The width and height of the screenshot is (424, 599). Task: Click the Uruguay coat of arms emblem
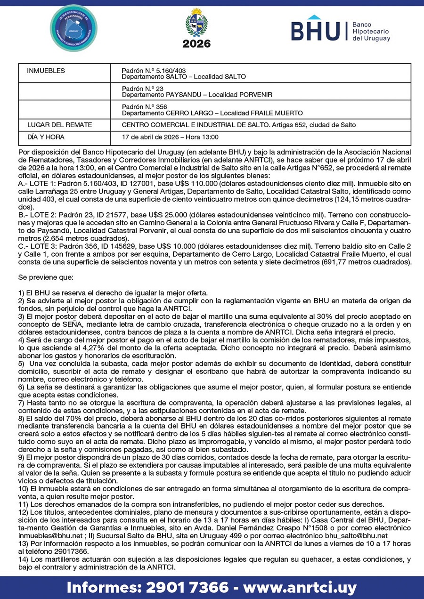[196, 23]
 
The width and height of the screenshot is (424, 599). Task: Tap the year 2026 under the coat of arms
[196, 44]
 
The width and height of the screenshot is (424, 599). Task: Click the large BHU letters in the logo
[315, 31]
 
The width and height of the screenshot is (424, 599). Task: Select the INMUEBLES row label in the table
[46, 71]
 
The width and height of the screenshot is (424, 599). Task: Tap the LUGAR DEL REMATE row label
[60, 125]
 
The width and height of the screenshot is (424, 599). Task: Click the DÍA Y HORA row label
[46, 137]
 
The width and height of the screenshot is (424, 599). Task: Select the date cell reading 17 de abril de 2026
[170, 137]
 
